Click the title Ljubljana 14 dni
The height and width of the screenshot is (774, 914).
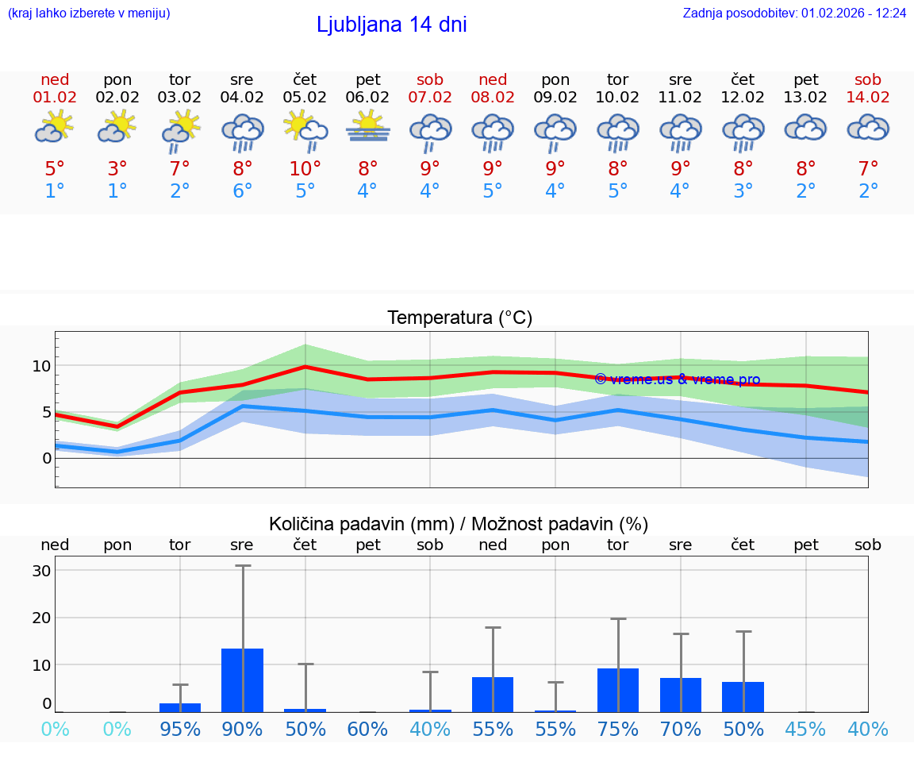(391, 25)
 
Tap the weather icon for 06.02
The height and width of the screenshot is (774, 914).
(367, 127)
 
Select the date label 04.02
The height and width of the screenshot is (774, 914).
(242, 97)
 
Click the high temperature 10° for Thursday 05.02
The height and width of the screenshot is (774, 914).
(305, 169)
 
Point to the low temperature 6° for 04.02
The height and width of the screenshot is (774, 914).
(242, 191)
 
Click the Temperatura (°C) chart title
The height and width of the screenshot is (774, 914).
(459, 318)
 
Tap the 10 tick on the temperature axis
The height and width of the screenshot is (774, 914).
(41, 366)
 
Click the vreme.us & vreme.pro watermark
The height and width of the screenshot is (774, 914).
(677, 379)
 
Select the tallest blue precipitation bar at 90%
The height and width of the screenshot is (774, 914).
(242, 680)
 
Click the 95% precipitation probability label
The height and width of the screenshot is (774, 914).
(180, 729)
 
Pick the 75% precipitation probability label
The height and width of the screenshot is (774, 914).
(618, 729)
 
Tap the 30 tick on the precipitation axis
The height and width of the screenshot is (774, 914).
(41, 571)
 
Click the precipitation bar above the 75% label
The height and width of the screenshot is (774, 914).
(618, 690)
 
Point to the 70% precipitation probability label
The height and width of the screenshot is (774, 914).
(681, 729)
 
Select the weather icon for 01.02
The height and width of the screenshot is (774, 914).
(55, 127)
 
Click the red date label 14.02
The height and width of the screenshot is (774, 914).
(868, 97)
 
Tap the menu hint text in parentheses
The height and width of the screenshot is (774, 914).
(89, 13)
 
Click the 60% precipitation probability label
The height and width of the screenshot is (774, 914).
(367, 729)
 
